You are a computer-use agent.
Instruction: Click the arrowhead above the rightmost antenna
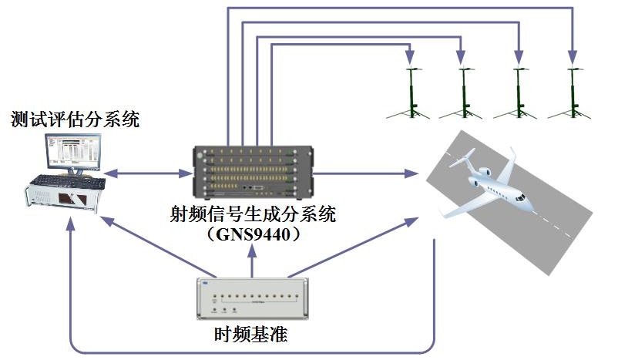coord(572,58)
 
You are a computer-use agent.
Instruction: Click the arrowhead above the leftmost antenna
coord(410,58)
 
